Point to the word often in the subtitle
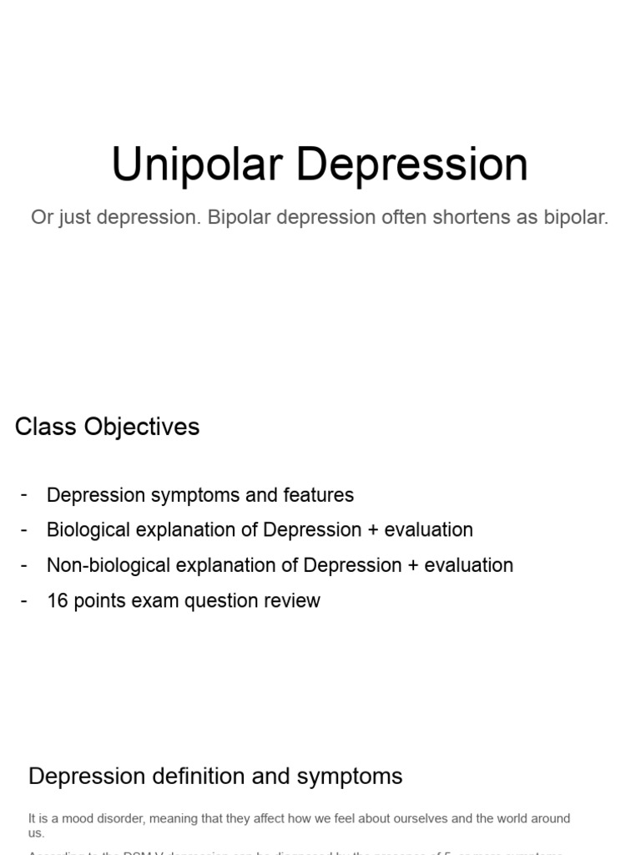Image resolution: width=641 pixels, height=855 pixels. click(x=402, y=218)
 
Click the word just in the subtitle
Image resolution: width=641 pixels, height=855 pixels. click(x=73, y=218)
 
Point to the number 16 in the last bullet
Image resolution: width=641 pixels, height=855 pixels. click(x=58, y=600)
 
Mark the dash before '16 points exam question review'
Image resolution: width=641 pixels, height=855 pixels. click(x=24, y=600)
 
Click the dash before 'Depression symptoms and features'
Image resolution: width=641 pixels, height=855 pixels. click(x=24, y=494)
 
